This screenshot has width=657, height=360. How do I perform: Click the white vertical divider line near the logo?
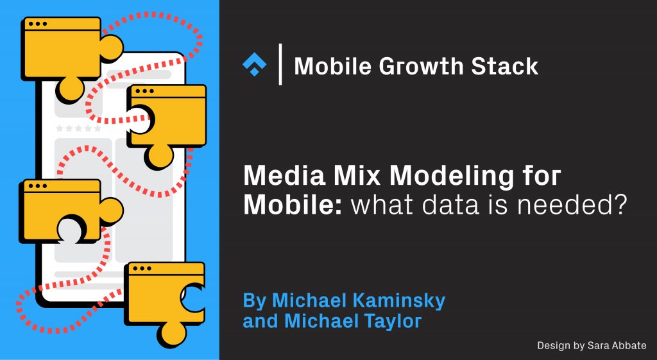pyautogui.click(x=280, y=64)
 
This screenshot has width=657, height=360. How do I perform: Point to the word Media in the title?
pyautogui.click(x=278, y=175)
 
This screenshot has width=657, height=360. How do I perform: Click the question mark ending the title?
pyautogui.click(x=617, y=204)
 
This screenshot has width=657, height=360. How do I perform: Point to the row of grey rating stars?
pyautogui.click(x=78, y=128)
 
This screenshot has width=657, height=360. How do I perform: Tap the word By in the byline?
pyautogui.click(x=254, y=300)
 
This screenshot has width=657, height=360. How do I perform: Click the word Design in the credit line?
pyautogui.click(x=552, y=345)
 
